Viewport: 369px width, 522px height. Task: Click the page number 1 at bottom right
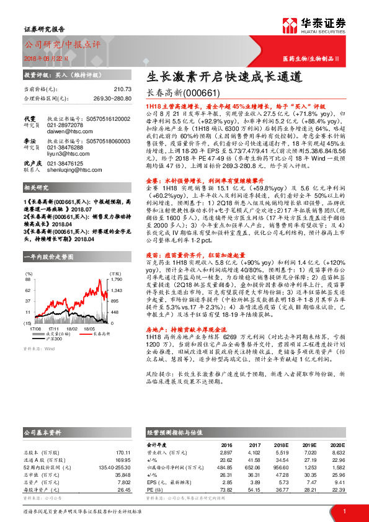344,511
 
